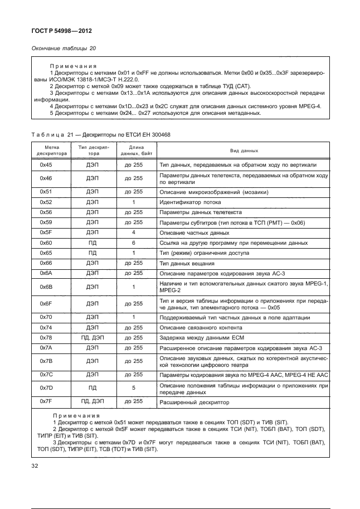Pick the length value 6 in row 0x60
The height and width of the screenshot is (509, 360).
(x=134, y=243)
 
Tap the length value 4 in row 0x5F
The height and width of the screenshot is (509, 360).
(x=134, y=232)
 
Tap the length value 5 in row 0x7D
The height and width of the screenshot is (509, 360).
(x=134, y=386)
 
